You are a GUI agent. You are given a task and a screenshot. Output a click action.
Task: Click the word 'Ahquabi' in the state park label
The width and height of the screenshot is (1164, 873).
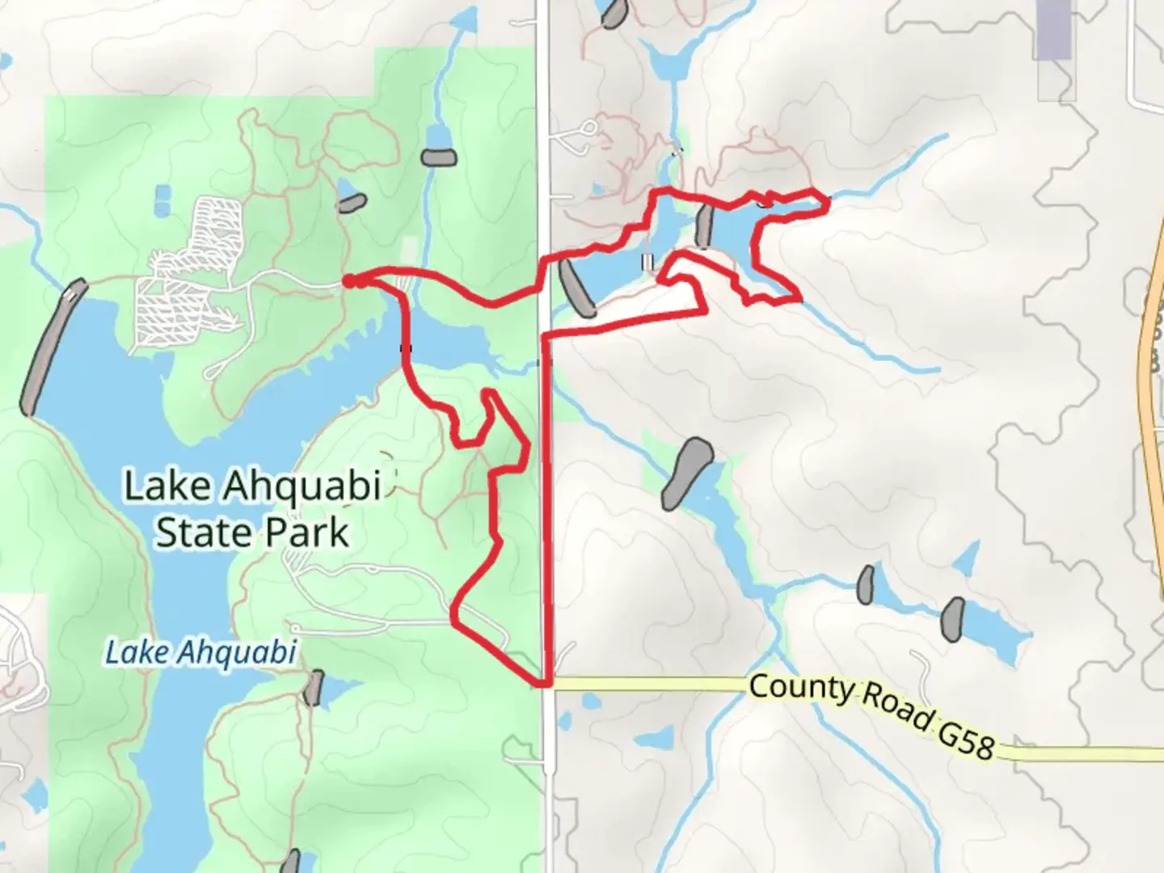tap(301, 486)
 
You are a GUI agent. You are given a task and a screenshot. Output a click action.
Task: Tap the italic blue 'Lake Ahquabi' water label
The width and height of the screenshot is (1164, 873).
tap(201, 652)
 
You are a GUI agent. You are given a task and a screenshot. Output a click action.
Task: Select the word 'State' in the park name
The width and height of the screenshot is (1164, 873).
tap(200, 533)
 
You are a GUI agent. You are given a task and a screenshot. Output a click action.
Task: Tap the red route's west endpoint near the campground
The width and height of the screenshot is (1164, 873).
tap(348, 280)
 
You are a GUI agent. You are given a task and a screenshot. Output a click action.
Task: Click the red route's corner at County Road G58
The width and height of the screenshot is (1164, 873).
tap(543, 684)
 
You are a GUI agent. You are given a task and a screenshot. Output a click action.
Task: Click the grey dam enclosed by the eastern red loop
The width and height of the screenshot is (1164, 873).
tap(704, 226)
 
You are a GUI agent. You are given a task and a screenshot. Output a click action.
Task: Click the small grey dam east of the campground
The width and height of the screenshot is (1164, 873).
tap(352, 202)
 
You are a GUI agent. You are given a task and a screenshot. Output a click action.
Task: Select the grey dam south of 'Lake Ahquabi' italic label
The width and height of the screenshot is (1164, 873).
tap(313, 688)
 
